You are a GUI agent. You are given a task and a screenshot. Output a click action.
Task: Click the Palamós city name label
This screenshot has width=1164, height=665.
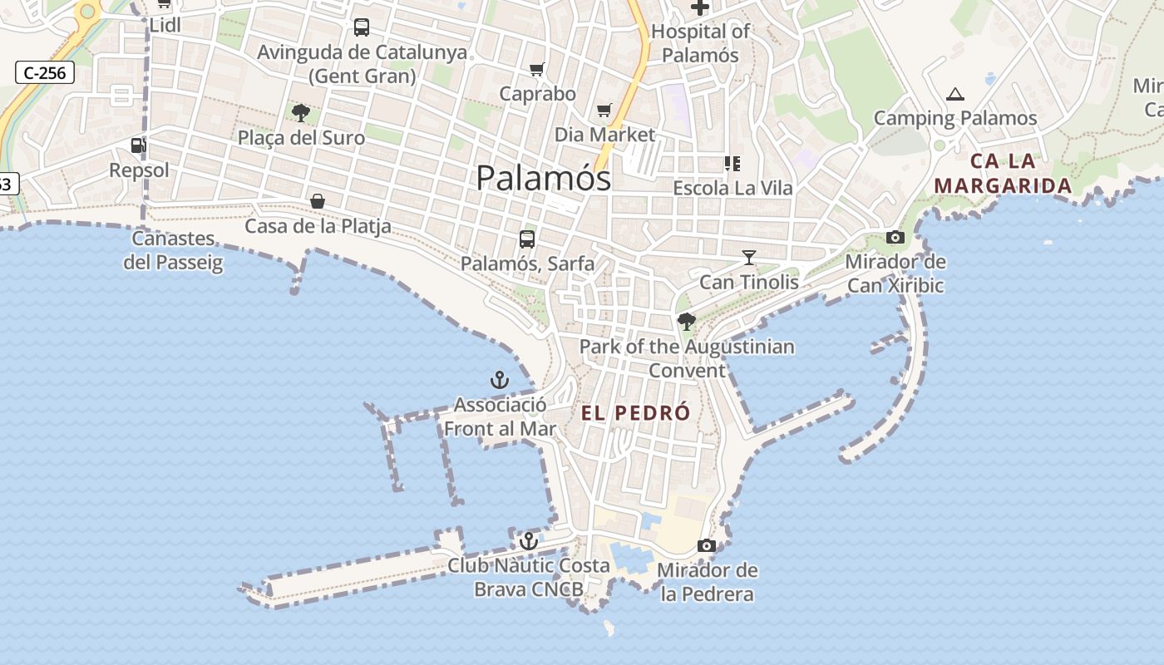544,177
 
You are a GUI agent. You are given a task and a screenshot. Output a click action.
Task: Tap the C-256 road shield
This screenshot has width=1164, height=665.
45,72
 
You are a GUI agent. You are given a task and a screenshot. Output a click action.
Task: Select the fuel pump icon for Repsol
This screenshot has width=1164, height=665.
138,145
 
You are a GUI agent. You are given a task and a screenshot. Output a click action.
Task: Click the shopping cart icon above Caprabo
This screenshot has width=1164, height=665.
537,69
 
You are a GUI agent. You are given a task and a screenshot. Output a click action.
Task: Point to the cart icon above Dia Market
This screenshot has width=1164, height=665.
604,110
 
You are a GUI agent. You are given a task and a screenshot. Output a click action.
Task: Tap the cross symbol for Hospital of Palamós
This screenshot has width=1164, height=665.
700,7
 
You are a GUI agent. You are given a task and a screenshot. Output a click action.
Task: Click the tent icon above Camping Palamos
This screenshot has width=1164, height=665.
955,94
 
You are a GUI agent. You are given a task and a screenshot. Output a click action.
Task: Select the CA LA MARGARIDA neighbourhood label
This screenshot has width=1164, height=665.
1004,173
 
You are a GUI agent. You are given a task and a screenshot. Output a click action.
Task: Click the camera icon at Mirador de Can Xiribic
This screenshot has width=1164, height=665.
895,237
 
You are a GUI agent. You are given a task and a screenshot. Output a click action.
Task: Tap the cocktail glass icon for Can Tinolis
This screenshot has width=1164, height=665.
749,257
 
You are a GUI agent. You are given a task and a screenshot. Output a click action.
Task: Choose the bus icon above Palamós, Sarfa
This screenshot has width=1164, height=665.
527,239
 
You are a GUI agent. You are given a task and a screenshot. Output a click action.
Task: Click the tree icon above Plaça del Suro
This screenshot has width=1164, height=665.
301,112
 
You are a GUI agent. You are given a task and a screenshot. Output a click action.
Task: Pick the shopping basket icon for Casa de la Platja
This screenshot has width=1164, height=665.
318,201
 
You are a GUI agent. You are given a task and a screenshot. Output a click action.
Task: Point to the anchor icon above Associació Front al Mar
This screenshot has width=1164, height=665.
499,380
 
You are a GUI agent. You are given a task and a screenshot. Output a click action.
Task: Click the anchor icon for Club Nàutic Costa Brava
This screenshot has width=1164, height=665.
528,541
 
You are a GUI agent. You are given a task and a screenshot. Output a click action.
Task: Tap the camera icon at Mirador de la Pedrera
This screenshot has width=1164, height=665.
707,545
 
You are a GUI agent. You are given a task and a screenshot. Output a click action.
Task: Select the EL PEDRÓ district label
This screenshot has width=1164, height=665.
636,413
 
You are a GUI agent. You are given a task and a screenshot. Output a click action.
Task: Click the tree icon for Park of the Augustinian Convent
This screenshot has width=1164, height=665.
686,321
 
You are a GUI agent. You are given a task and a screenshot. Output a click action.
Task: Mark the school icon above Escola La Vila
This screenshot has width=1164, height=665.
732,163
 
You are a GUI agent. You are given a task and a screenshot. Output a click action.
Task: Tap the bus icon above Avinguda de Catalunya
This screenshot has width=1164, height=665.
362,27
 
